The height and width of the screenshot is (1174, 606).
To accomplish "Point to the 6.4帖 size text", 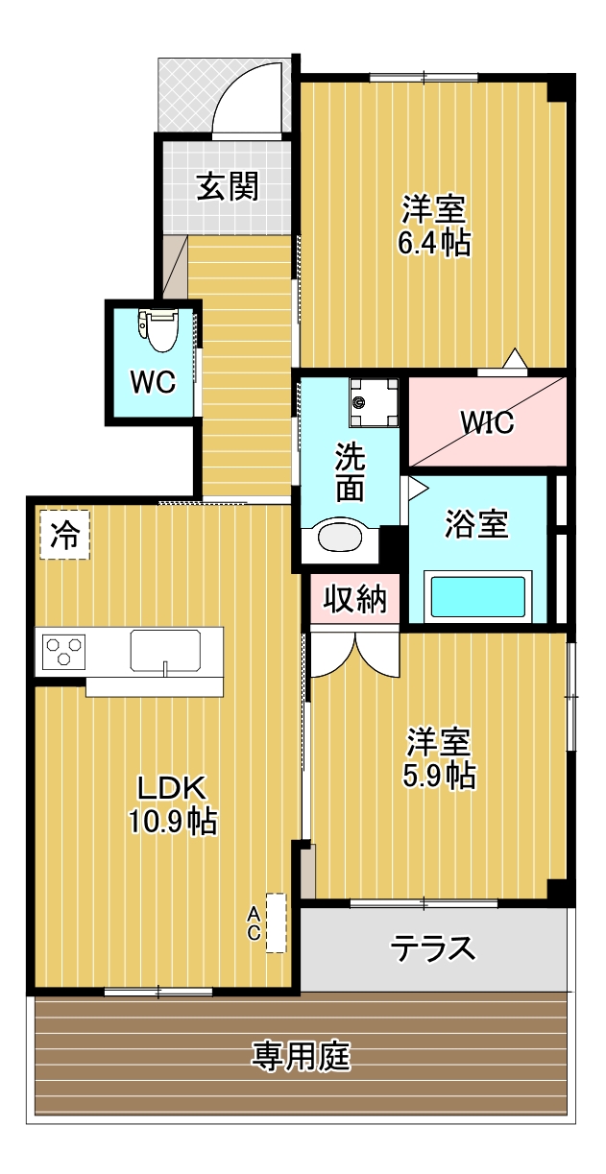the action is pyautogui.click(x=433, y=242).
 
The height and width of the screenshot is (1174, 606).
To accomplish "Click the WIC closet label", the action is pyautogui.click(x=487, y=422).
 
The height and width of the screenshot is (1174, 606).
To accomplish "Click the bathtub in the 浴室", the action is pyautogui.click(x=477, y=596).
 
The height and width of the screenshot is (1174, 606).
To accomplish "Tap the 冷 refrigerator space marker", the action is pyautogui.click(x=64, y=535).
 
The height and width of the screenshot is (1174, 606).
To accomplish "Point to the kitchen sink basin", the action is pyautogui.click(x=165, y=651).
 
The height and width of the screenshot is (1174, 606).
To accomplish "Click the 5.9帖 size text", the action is pyautogui.click(x=439, y=776).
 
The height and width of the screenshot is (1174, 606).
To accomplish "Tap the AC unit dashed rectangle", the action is pyautogui.click(x=277, y=922).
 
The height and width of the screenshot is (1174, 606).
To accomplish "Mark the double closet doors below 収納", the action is pyautogui.click(x=354, y=654).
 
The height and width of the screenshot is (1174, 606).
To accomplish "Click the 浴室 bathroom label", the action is pyautogui.click(x=476, y=523).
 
